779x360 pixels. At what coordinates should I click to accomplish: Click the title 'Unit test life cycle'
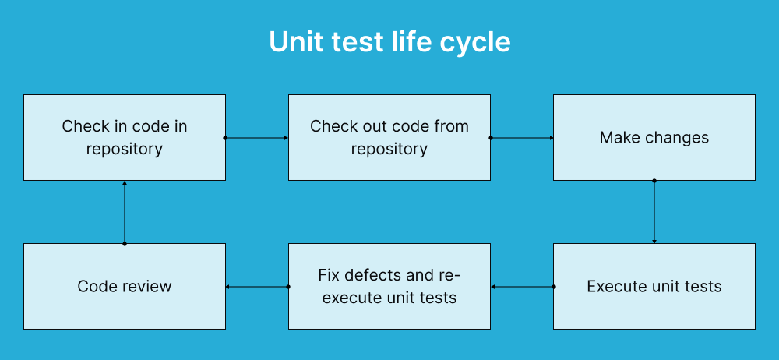pyautogui.click(x=389, y=42)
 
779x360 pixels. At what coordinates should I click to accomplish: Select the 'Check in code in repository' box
pyautogui.click(x=125, y=138)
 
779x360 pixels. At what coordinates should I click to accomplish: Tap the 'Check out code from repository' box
pyautogui.click(x=389, y=138)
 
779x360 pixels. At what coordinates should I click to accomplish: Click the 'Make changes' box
pyautogui.click(x=654, y=138)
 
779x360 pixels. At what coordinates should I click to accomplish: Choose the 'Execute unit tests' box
pyautogui.click(x=654, y=286)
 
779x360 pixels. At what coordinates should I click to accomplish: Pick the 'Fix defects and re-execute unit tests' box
pyautogui.click(x=389, y=286)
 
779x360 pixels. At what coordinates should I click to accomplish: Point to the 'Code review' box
pyautogui.click(x=125, y=286)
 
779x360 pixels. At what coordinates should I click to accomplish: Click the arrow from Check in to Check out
pyautogui.click(x=257, y=138)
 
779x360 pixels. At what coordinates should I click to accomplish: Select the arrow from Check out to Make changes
pyautogui.click(x=522, y=138)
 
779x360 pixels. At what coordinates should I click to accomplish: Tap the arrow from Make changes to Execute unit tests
pyautogui.click(x=654, y=212)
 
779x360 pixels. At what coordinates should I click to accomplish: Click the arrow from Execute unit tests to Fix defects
pyautogui.click(x=522, y=287)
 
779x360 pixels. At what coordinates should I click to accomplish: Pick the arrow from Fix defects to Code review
pyautogui.click(x=257, y=287)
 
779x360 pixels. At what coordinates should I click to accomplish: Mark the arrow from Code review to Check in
pyautogui.click(x=125, y=212)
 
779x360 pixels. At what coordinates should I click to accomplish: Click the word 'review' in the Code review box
pyautogui.click(x=146, y=286)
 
